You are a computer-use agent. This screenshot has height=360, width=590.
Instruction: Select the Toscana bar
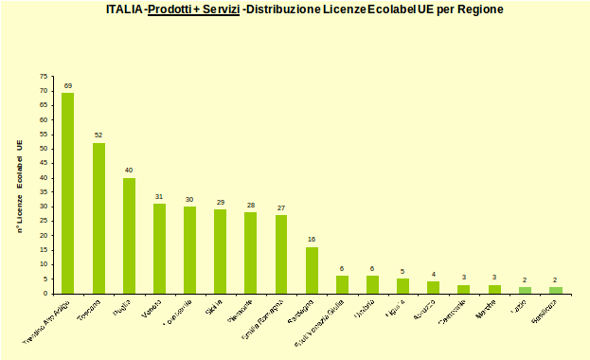pyautogui.click(x=98, y=218)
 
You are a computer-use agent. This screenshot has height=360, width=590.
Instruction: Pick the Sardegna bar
pyautogui.click(x=312, y=270)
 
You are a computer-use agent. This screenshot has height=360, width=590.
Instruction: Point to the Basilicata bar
pyautogui.click(x=555, y=290)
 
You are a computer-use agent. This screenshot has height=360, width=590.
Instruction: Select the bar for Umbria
pyautogui.click(x=372, y=284)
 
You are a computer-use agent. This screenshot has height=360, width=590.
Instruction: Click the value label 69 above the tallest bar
pyautogui.click(x=68, y=86)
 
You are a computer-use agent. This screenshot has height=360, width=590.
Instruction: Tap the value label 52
pyautogui.click(x=98, y=135)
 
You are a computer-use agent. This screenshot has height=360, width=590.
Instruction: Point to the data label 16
pyautogui.click(x=312, y=240)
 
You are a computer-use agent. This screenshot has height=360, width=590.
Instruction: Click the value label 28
pyautogui.click(x=251, y=205)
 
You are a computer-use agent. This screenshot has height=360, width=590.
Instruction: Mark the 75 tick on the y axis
pyautogui.click(x=44, y=76)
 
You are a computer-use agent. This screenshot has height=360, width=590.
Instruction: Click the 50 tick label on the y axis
pyautogui.click(x=44, y=149)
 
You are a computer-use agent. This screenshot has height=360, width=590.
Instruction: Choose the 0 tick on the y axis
pyautogui.click(x=45, y=293)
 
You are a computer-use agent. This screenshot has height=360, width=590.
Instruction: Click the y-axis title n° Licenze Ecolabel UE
pyautogui.click(x=20, y=186)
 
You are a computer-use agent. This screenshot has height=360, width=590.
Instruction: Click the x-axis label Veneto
pyautogui.click(x=152, y=310)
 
